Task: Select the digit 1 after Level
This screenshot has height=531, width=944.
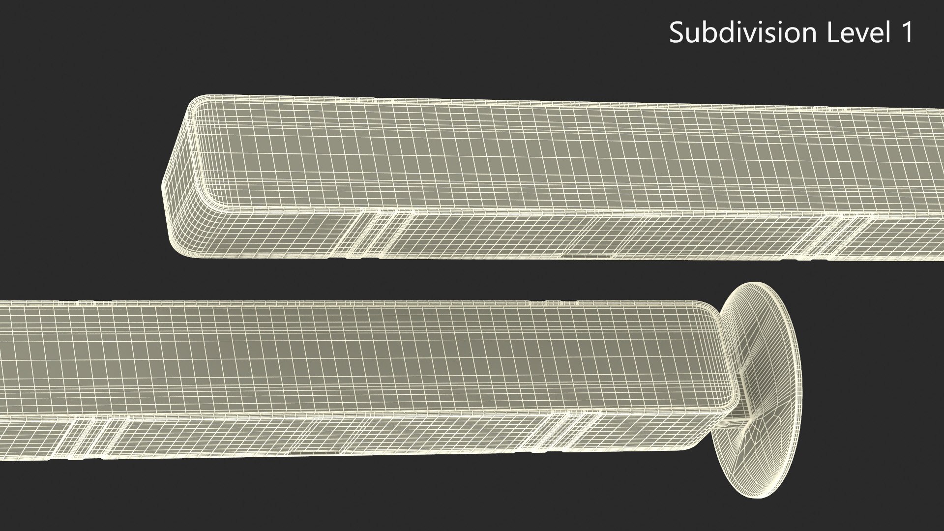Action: click(906, 33)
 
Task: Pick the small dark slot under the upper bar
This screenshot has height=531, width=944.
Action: click(587, 256)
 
